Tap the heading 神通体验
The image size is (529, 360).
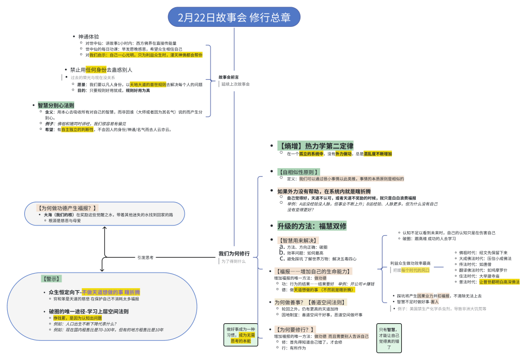coord(88,37)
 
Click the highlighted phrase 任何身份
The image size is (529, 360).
coord(96,69)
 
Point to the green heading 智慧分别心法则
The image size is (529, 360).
coord(55,105)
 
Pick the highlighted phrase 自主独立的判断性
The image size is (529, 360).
coord(77,130)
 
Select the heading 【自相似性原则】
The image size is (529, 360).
coord(298,172)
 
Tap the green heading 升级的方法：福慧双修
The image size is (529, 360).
coord(312,226)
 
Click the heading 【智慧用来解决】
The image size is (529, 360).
coord(298,241)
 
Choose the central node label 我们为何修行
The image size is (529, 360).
coord(234,253)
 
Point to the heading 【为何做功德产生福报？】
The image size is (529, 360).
coord(67,208)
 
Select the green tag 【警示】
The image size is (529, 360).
coord(52,278)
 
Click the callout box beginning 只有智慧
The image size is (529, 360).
coord(389,338)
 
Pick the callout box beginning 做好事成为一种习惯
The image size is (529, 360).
coord(240,335)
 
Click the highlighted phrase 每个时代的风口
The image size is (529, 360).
coord(415,271)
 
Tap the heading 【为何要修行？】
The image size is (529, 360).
coord(295,329)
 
